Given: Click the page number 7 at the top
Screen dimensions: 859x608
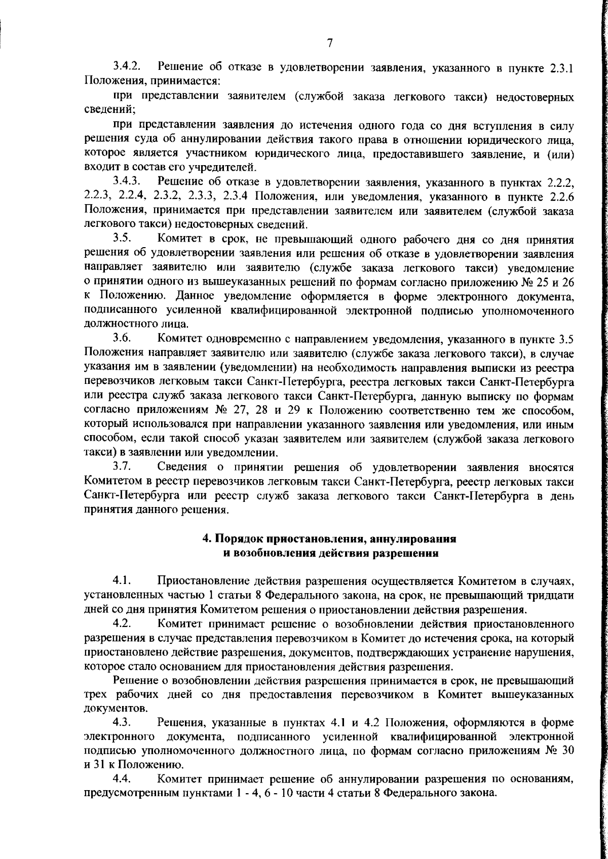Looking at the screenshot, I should click(x=329, y=44).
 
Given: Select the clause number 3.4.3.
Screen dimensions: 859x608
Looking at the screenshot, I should click(x=127, y=181).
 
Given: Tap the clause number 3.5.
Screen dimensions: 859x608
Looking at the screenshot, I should click(x=123, y=237).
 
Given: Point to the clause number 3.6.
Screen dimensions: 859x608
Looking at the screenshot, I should click(x=123, y=337).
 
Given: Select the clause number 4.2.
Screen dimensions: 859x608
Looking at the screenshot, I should click(x=123, y=622).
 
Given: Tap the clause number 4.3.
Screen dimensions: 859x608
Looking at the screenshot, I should click(x=123, y=721).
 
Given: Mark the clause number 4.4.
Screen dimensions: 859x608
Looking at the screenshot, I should click(x=123, y=778).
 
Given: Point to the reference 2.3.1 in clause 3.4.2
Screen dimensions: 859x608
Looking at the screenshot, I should click(x=561, y=67).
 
